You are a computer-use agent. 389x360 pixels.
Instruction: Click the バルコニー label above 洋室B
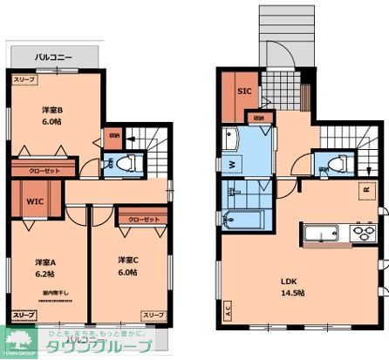point(53,58)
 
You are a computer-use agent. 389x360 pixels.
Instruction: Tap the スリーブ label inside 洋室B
point(24,79)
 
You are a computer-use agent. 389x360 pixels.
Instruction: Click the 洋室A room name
point(46,262)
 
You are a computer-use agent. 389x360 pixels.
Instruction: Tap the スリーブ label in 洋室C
point(154,314)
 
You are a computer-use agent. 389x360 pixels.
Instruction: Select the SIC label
point(245,91)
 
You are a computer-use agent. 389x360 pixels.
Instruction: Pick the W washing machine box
point(230,162)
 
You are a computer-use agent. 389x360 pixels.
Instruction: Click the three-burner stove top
point(359,233)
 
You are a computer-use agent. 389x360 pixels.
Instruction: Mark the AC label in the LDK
point(227,309)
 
